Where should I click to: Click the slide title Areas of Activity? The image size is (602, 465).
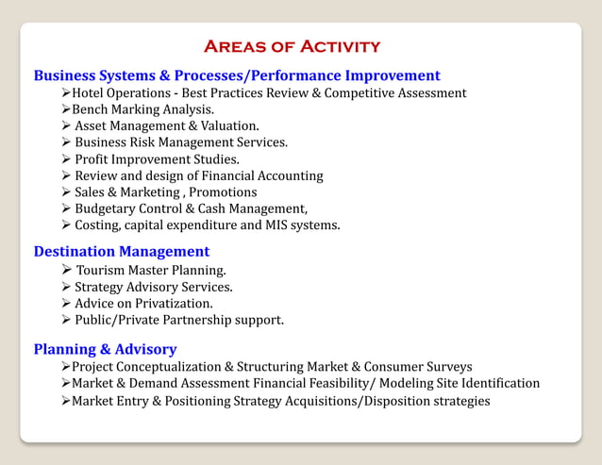(292, 46)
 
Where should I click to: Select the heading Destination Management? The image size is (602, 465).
(122, 252)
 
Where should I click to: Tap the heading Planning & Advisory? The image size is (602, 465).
(105, 349)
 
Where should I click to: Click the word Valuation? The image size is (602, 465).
(228, 125)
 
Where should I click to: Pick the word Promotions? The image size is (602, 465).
(222, 192)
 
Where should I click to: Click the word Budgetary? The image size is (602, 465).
(107, 208)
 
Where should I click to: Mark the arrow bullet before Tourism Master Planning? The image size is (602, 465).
(66, 271)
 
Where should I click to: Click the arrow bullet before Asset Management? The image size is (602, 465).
(66, 125)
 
